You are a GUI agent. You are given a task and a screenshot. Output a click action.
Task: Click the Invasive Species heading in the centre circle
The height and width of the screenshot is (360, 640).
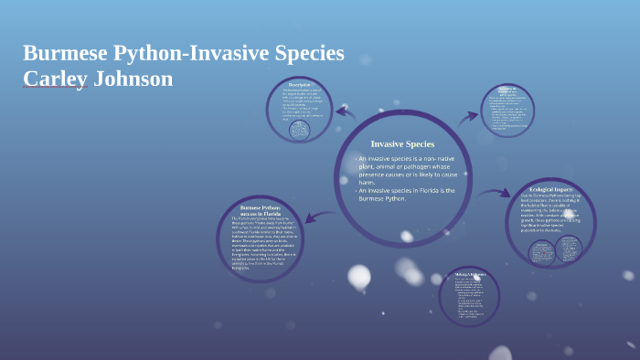pyautogui.click(x=402, y=143)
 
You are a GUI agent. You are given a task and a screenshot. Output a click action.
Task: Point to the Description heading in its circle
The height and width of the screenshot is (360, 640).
pyautogui.click(x=300, y=85)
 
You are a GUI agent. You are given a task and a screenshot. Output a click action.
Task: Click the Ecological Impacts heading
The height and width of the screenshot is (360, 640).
pyautogui.click(x=550, y=189)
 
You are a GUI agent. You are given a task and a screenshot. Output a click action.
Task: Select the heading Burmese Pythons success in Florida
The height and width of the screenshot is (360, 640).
pyautogui.click(x=260, y=211)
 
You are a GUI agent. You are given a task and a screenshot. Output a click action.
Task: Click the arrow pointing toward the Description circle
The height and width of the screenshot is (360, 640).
pyautogui.click(x=346, y=113)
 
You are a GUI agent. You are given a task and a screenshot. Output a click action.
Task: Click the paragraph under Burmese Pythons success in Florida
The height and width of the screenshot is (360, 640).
pyautogui.click(x=259, y=243)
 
